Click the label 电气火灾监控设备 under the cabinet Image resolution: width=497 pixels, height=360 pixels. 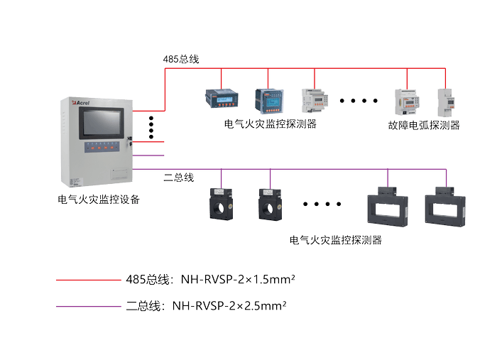coord(98,200)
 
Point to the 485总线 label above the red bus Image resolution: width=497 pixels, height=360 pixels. coord(180,59)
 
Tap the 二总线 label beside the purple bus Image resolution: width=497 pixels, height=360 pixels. coord(178,177)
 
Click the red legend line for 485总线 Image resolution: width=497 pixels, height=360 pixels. coord(89,280)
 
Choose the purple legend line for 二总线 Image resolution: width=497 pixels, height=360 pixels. coord(89,306)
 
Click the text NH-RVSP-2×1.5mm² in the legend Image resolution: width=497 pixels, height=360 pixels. coord(238,280)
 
